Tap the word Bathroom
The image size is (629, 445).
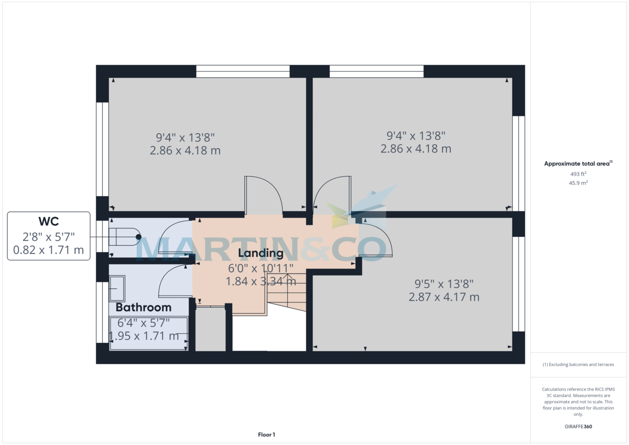point(144,308)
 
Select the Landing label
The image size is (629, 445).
point(261,254)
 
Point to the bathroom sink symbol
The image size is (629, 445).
point(116,289)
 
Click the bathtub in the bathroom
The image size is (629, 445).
point(148,333)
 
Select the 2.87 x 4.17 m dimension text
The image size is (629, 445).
point(444,297)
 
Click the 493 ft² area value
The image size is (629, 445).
point(578,174)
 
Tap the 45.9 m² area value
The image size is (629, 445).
point(578,183)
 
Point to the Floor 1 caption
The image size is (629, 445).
point(266,435)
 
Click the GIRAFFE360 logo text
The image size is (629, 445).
point(578,427)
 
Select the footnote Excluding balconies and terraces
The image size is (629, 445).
point(578,364)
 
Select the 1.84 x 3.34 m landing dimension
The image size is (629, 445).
point(261,281)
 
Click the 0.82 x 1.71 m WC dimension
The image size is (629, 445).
point(48,250)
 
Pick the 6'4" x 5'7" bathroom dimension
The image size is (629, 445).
point(144,323)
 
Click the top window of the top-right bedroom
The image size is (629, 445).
point(376,71)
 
